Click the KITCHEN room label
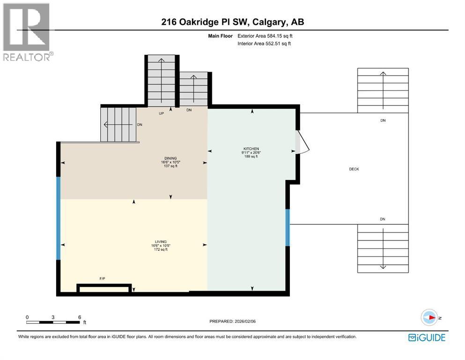(251, 148)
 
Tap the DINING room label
(170, 158)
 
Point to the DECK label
(354, 169)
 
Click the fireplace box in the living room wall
(104, 289)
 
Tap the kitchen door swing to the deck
(302, 142)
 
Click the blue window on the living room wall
(59, 218)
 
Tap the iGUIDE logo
(426, 337)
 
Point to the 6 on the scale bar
(79, 317)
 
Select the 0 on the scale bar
(28, 317)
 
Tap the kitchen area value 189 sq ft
(251, 157)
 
